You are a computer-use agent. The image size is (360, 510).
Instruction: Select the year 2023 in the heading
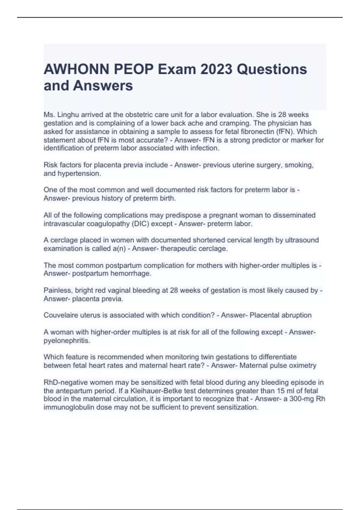(x=216, y=69)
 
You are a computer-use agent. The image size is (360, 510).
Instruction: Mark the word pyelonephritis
(x=67, y=341)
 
